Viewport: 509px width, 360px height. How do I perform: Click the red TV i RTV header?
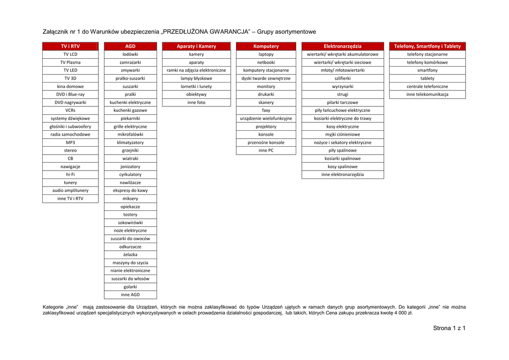pos(70,46)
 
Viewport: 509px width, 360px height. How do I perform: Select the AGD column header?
pos(130,46)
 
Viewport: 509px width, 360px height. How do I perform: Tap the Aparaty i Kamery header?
pos(196,46)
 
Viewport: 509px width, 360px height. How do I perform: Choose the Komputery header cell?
pos(266,46)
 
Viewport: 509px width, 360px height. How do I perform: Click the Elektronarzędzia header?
pos(342,46)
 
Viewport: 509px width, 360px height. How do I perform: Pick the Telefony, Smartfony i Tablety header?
pos(427,46)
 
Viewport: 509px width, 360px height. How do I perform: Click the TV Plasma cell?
pos(70,63)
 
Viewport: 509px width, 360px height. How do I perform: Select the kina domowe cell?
pos(70,87)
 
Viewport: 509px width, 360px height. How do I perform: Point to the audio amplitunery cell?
pos(70,190)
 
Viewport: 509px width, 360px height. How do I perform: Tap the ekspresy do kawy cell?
pos(130,190)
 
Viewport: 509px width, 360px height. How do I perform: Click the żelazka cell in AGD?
pos(130,255)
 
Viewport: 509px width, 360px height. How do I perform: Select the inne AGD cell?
pos(130,295)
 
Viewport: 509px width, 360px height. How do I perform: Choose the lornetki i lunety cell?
pos(196,87)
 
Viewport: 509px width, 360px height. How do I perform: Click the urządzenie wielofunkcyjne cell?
pos(266,118)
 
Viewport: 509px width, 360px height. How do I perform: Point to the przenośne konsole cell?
pos(266,143)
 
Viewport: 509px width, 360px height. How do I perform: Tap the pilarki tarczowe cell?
pos(342,102)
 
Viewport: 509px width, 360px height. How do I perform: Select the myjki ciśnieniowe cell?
pos(342,135)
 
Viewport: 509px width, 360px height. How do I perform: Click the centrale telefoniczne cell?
pos(427,87)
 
